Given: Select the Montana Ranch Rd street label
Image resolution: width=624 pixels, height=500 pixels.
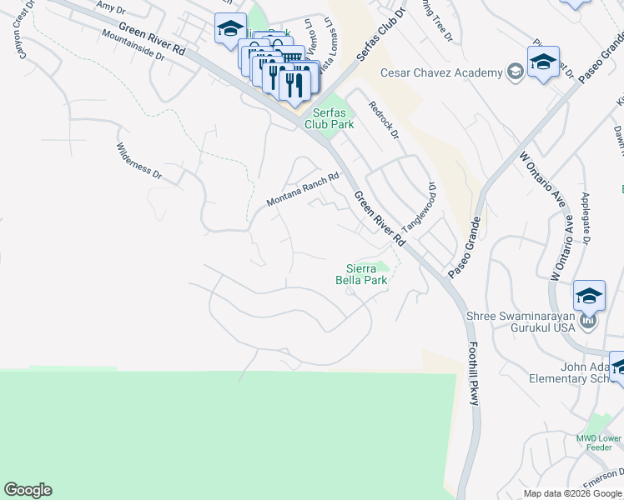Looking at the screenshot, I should pyautogui.click(x=303, y=190).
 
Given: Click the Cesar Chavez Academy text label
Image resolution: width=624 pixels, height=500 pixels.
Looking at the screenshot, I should pyautogui.click(x=441, y=72).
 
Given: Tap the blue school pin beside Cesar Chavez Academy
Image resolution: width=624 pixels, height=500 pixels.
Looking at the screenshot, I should pyautogui.click(x=543, y=62).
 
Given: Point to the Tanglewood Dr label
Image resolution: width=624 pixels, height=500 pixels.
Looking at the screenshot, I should pyautogui.click(x=420, y=207).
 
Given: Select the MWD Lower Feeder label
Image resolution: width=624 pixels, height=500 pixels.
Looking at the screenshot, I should pyautogui.click(x=599, y=442).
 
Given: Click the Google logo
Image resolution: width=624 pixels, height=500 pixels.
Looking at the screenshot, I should pyautogui.click(x=28, y=490).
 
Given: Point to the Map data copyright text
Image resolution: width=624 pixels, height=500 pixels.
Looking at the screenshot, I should pyautogui.click(x=572, y=493).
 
